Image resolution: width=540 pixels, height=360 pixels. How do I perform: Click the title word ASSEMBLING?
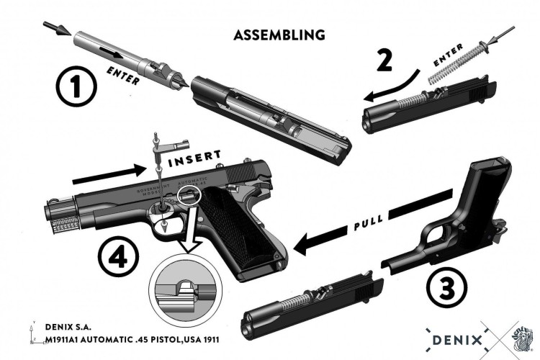(279, 35)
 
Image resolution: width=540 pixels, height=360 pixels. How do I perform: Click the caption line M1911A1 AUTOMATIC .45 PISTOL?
(130, 338)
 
